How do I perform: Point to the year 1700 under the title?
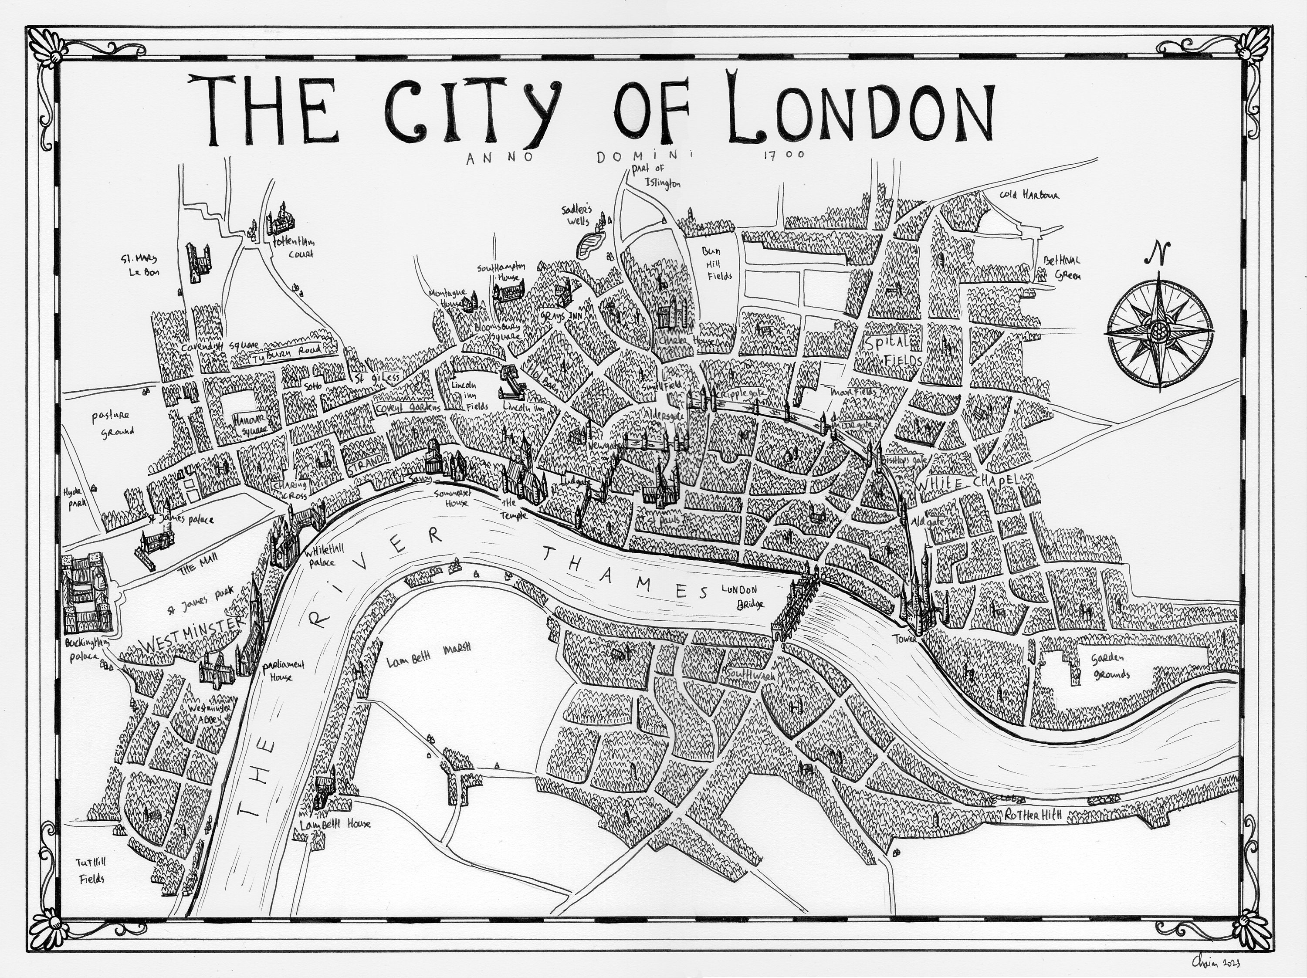tap(783, 156)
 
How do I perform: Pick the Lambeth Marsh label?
tap(428, 662)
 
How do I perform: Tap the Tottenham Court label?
tap(292, 248)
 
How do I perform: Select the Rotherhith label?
tap(1034, 815)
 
